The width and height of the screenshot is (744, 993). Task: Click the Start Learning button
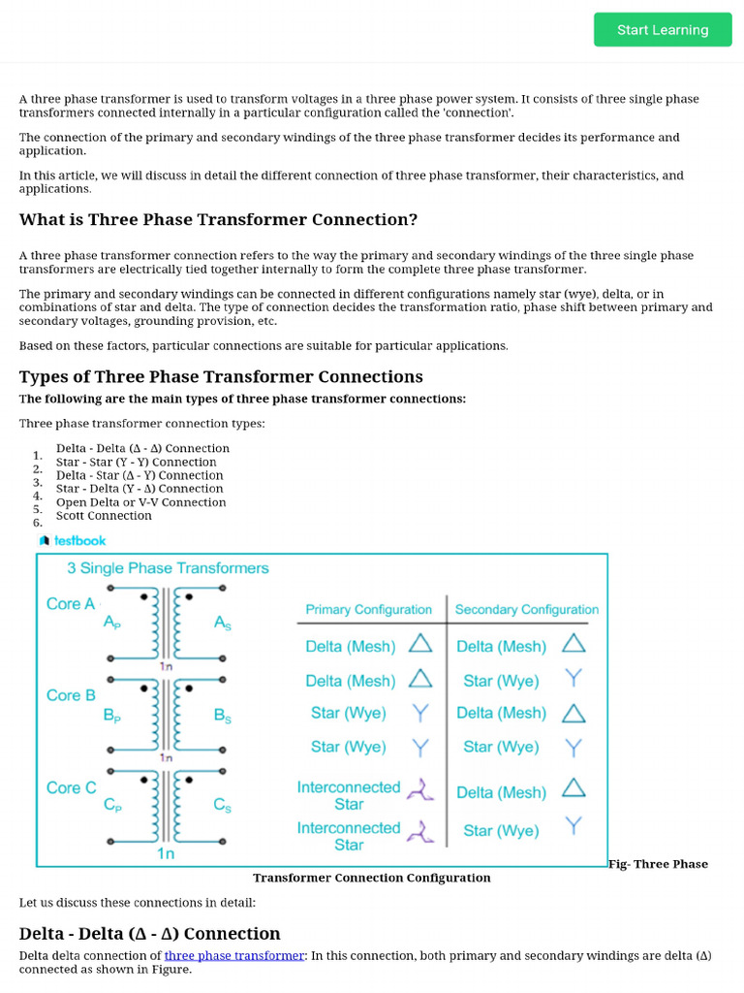point(663,30)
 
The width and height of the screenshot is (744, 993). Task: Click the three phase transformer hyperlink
point(234,955)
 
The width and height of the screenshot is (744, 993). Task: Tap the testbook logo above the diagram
point(73,540)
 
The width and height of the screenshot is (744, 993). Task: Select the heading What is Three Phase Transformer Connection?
point(218,219)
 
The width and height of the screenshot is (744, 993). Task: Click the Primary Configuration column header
point(368,609)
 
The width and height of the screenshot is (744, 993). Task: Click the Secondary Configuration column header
point(526,609)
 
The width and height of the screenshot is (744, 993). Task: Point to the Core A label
point(71,603)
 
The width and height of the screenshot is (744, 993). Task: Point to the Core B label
point(71,695)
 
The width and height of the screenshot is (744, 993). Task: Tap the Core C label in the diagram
point(72,787)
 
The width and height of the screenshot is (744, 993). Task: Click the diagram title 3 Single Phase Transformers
point(168,568)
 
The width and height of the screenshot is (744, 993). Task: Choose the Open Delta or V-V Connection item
point(140,502)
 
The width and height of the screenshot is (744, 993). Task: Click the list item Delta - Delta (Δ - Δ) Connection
point(142,448)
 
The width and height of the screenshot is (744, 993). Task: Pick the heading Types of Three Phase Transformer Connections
point(221,376)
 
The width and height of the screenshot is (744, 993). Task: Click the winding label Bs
point(223,717)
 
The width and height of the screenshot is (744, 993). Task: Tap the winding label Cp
point(112,806)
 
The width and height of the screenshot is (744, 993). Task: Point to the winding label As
point(223,625)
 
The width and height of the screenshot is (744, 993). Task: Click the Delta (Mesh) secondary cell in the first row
point(502,646)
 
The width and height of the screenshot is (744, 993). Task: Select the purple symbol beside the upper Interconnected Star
point(419,790)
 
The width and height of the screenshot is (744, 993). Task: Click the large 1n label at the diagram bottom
point(166,853)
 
